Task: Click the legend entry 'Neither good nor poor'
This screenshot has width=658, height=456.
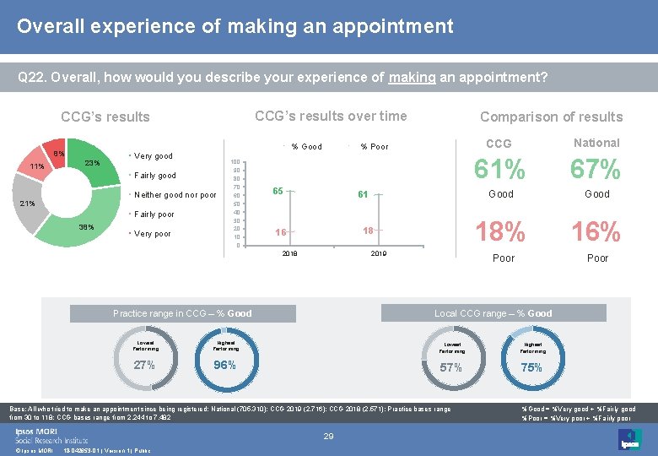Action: click(175, 195)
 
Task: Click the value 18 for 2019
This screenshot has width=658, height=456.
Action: click(368, 231)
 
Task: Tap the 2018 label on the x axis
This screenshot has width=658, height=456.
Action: click(289, 253)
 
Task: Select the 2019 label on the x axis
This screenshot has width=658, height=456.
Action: click(378, 253)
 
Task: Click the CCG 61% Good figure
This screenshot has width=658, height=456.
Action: click(500, 170)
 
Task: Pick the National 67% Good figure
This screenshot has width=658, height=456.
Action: click(596, 170)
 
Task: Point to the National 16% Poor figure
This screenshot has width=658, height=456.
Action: click(596, 231)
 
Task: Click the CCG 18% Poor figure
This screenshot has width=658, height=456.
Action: click(500, 231)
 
